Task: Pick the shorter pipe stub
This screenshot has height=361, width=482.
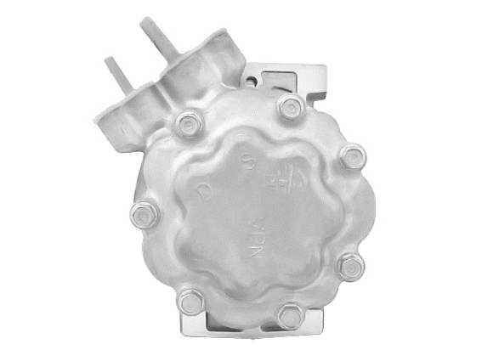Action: click(x=116, y=73)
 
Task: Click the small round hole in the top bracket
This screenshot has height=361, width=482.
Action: click(x=252, y=82)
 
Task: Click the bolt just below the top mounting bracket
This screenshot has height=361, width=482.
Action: click(x=290, y=107)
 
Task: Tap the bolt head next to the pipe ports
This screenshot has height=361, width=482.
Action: click(x=186, y=125)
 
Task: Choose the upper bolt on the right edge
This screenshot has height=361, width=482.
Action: click(x=349, y=157)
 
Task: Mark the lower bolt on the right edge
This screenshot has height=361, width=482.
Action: click(x=349, y=267)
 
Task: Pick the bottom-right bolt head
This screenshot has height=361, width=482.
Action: click(x=292, y=315)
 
